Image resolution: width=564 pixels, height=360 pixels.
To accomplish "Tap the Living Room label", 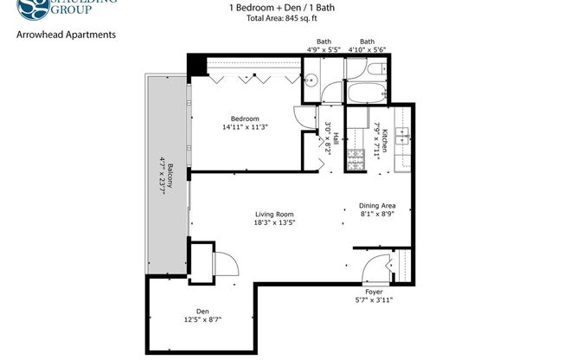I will point(274,215).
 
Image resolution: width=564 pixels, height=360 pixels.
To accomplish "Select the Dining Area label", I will point(377,206).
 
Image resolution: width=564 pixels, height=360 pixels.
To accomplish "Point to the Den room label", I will point(202,312).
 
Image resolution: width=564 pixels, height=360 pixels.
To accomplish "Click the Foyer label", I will point(374,292).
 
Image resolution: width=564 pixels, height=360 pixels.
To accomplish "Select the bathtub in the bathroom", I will point(366,92).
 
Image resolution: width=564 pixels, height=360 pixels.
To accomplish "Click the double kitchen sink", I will point(401,136).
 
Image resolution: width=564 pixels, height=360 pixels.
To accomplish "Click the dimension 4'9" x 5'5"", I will point(324,49).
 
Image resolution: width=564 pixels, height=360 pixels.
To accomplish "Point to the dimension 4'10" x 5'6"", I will point(368,49).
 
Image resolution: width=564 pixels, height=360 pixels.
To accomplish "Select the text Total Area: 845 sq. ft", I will point(282,19).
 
